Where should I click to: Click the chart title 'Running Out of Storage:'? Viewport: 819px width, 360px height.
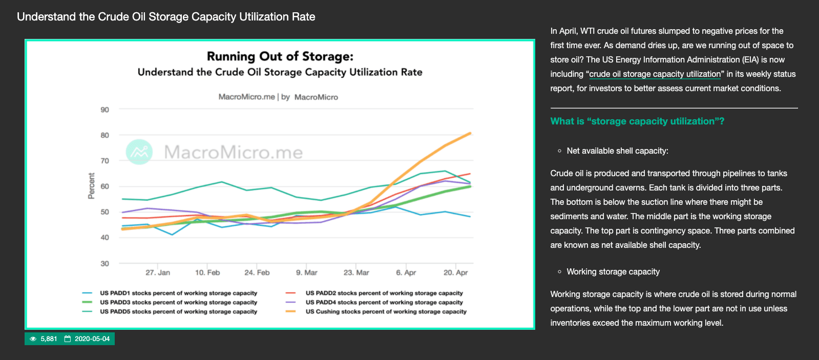pos(280,56)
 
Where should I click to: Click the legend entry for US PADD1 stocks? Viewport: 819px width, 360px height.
pos(178,293)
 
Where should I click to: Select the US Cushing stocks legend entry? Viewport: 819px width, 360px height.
pos(386,312)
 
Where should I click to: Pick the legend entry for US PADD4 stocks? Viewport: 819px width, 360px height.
pos(384,303)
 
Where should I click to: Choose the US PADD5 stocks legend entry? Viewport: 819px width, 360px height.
pos(178,312)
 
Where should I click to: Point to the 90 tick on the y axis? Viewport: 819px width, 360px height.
pos(105,110)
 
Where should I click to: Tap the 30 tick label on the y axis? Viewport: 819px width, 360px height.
pos(105,264)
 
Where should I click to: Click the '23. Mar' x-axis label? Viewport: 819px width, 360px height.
pos(356,273)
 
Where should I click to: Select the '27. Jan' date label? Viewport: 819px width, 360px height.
pos(158,273)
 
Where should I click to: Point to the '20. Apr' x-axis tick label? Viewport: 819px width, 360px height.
pos(455,273)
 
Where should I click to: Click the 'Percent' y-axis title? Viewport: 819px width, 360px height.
pos(92,186)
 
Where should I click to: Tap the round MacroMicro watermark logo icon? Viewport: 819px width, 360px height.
pos(139,152)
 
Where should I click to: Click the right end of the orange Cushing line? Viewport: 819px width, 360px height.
pos(470,134)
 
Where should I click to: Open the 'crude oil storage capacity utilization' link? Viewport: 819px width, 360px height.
pos(655,74)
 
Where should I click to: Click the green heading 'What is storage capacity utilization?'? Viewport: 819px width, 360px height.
pos(637,121)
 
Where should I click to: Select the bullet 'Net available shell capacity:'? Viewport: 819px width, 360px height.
pos(617,151)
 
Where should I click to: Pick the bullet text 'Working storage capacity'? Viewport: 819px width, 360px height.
pos(613,272)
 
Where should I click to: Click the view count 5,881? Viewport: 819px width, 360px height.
pos(49,339)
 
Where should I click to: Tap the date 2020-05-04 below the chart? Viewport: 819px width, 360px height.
pos(92,339)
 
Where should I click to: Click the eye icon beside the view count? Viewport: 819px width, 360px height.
pos(33,339)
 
